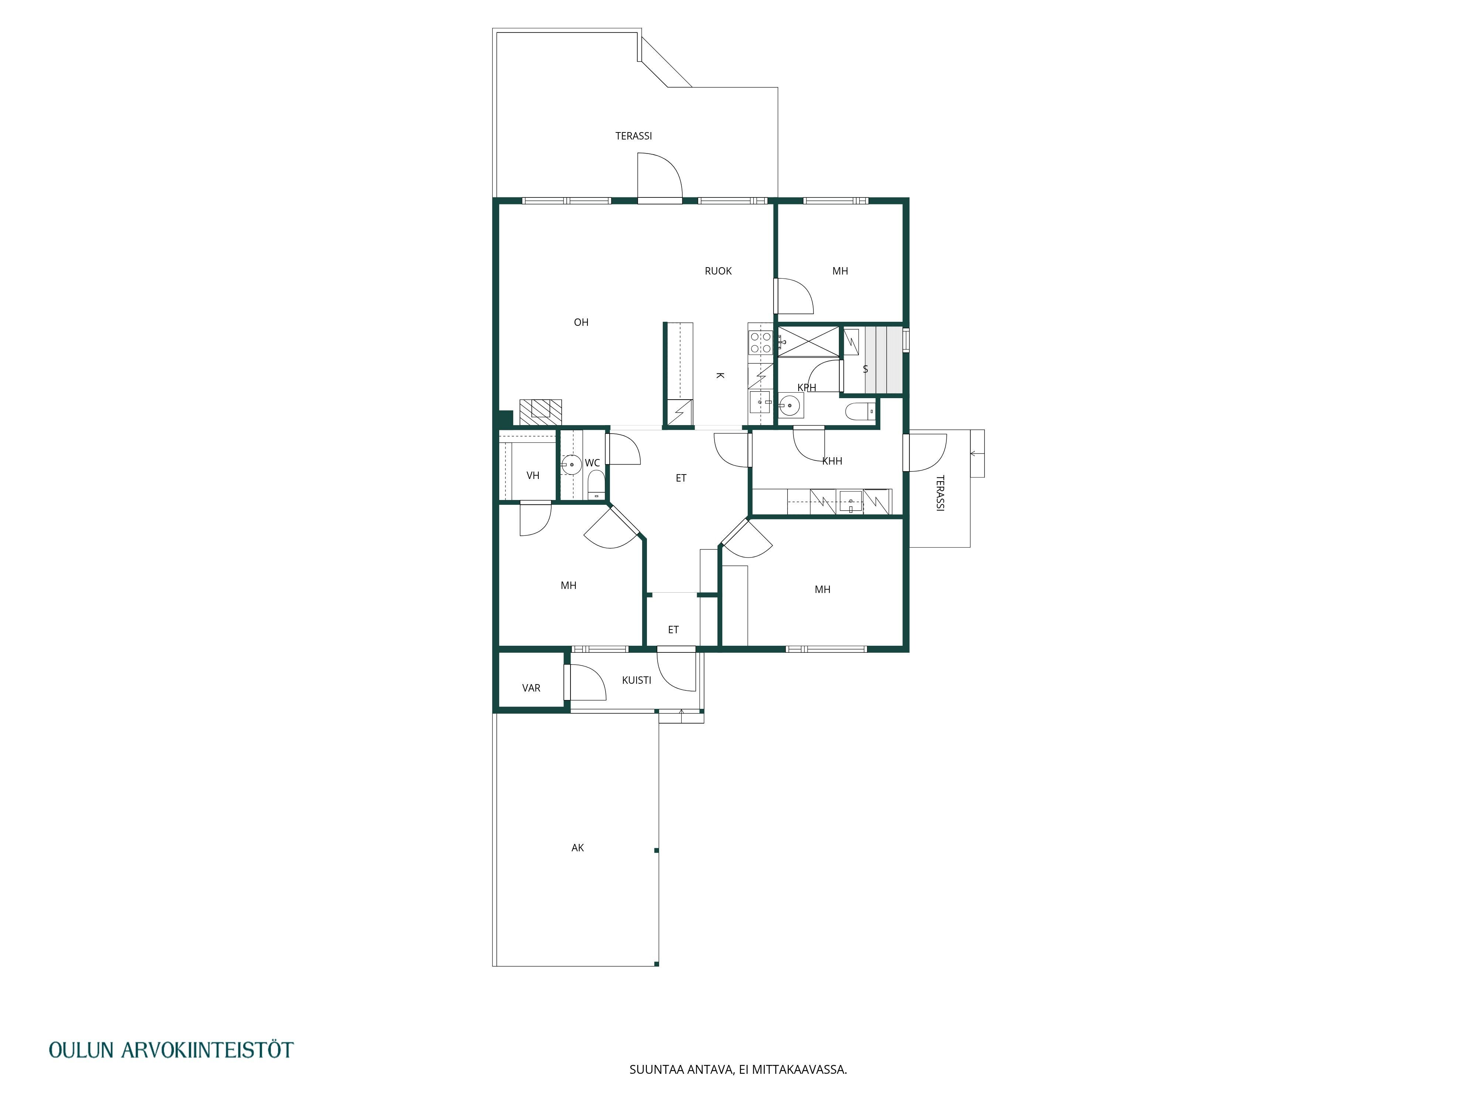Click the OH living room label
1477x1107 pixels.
click(581, 322)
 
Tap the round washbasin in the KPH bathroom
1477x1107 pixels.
click(791, 405)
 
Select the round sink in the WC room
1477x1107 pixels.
click(572, 465)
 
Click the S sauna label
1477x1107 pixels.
click(866, 369)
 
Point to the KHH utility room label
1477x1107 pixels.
click(832, 461)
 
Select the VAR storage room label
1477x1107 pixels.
click(531, 688)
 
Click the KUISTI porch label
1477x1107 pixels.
click(636, 680)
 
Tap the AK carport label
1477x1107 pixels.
click(578, 848)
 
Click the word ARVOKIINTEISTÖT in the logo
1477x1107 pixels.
click(207, 1049)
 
